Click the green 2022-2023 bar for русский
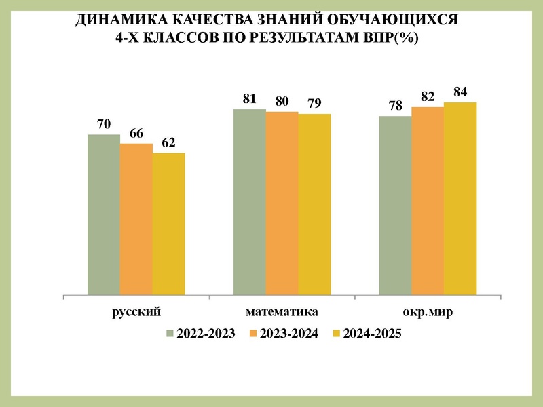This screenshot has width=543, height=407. [x=104, y=215]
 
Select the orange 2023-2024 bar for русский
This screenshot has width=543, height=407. [x=136, y=220]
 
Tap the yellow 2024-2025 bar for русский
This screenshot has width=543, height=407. [x=168, y=225]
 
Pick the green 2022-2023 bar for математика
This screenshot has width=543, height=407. [x=249, y=202]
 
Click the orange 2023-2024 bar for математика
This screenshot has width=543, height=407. [x=282, y=203]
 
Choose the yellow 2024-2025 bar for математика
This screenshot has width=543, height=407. [x=314, y=205]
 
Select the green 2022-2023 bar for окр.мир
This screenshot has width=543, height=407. [x=395, y=206]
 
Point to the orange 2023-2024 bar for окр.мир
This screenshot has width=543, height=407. [x=428, y=201]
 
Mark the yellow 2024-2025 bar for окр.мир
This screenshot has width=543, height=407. [x=460, y=199]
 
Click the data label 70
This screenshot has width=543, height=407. [x=104, y=124]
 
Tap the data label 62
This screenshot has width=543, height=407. [x=168, y=142]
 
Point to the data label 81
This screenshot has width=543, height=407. [x=249, y=98]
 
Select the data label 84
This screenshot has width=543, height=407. [x=460, y=92]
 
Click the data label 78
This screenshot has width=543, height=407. [x=395, y=106]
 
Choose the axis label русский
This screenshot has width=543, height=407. [x=136, y=313]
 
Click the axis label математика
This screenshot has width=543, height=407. [x=282, y=313]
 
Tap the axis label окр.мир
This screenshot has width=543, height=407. [x=428, y=313]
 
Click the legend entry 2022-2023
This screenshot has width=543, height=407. [x=201, y=333]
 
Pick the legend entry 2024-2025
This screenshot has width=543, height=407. [x=367, y=333]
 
